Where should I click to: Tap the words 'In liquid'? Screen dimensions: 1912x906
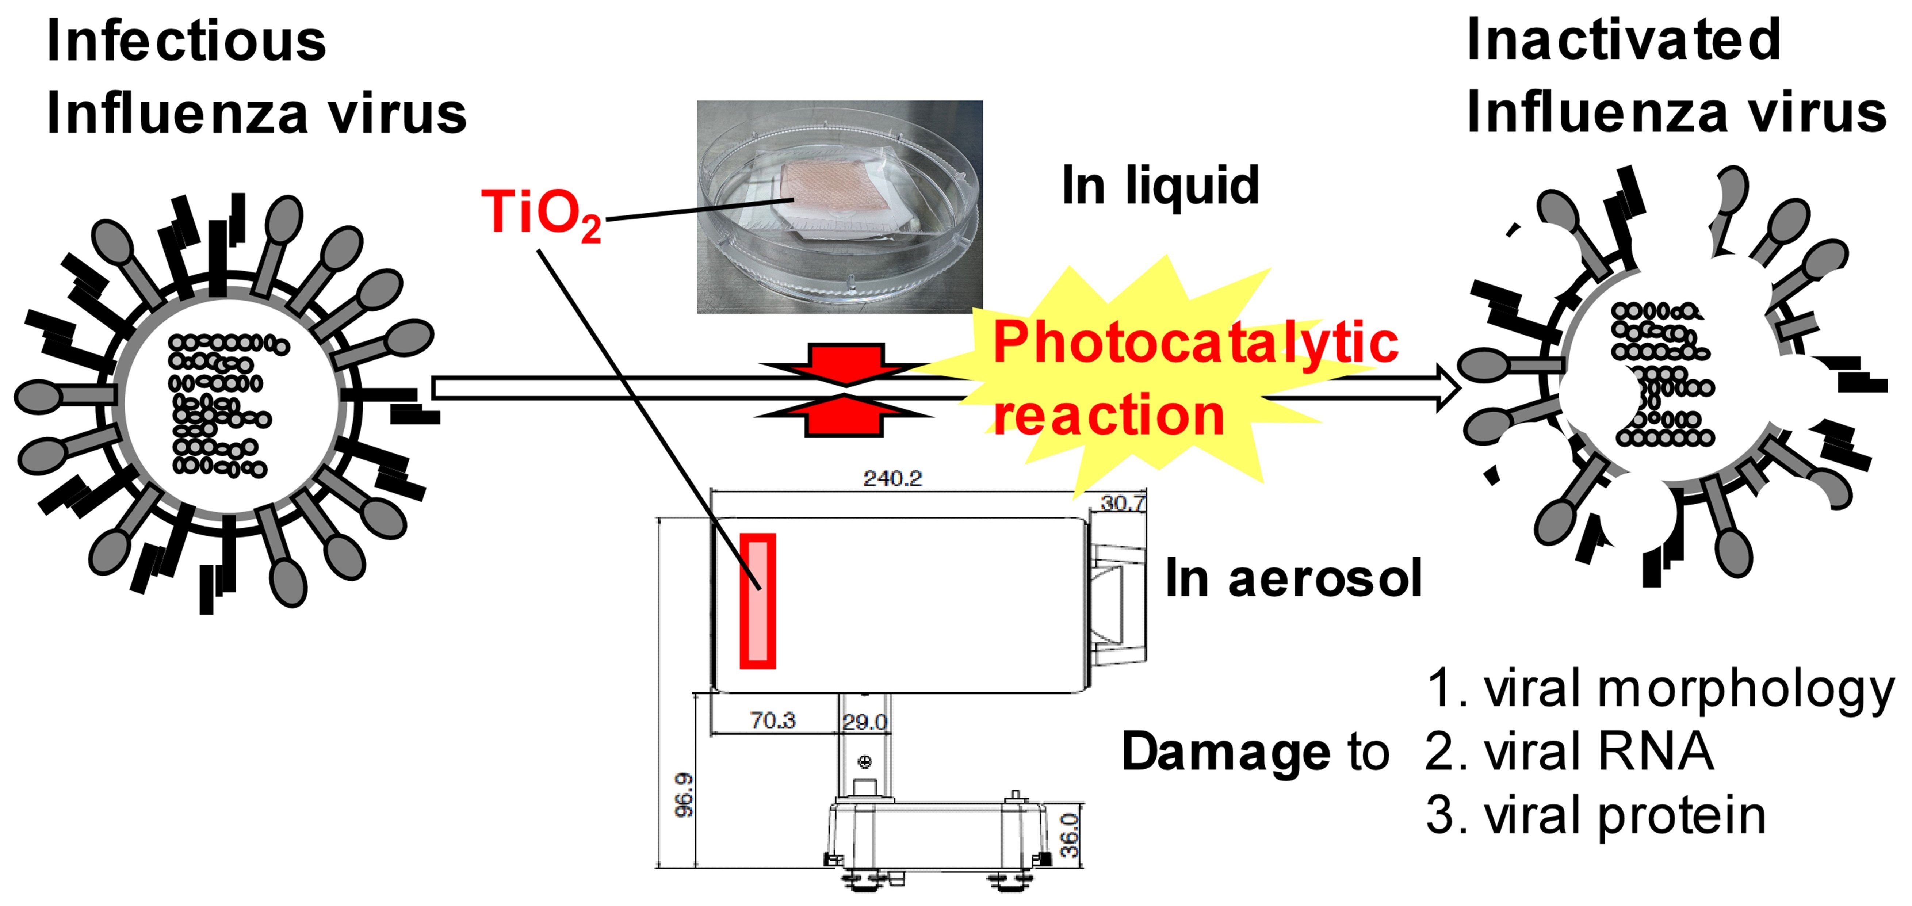[1160, 186]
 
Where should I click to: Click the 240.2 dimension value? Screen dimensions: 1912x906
[892, 478]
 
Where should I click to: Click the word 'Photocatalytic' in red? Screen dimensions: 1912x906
[1195, 343]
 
